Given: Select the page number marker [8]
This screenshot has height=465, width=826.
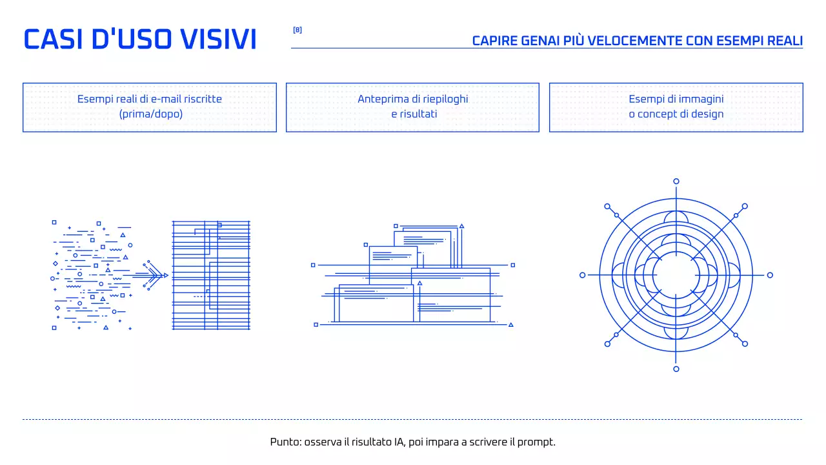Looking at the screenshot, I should (297, 30).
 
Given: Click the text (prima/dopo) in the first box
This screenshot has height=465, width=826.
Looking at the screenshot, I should (150, 114).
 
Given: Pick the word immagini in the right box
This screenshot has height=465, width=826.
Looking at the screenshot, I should (701, 99).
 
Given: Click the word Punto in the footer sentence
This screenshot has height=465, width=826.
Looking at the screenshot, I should (285, 442).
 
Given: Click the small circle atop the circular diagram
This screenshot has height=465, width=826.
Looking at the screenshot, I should (676, 181).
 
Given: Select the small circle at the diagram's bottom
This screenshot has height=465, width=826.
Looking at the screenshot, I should (676, 369).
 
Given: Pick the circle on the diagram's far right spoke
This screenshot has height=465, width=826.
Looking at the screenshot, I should (770, 275).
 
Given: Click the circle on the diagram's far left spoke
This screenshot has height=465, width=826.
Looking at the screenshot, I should (583, 275).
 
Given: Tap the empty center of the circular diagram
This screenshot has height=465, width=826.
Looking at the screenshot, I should (676, 275).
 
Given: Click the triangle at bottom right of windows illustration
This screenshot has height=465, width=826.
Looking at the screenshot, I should (510, 325).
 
